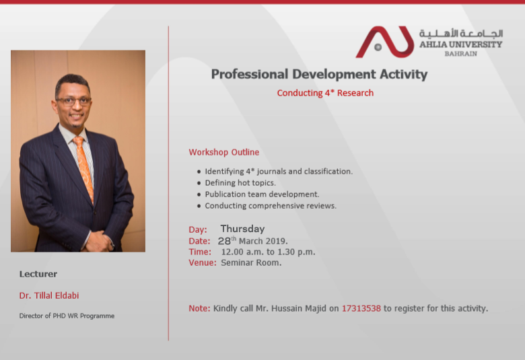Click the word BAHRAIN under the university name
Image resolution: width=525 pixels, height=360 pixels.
[460, 54]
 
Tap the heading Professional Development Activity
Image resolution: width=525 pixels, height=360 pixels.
[319, 74]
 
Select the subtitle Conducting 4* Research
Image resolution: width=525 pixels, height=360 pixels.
[325, 93]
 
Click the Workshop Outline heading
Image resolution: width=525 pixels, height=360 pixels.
[224, 152]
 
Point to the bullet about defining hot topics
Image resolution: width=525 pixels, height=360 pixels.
[240, 183]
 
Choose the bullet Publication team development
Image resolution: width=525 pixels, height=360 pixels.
[262, 194]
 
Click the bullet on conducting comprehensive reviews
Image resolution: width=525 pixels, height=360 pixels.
[271, 206]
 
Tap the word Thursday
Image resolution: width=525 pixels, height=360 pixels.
[242, 229]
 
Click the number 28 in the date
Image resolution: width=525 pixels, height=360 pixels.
[224, 241]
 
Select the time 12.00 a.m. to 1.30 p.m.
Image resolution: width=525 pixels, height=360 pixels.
[268, 252]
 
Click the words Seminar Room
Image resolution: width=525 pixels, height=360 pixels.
[251, 262]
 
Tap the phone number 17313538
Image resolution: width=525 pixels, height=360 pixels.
[361, 308]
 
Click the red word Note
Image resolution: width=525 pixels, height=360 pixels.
[199, 308]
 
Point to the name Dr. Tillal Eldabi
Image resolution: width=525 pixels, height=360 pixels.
[49, 295]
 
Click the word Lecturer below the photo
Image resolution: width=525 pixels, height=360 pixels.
[38, 274]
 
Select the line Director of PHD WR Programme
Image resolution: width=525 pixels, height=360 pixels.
[67, 316]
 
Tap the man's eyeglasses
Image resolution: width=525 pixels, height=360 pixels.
[73, 101]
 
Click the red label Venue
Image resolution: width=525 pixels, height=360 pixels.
[203, 262]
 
